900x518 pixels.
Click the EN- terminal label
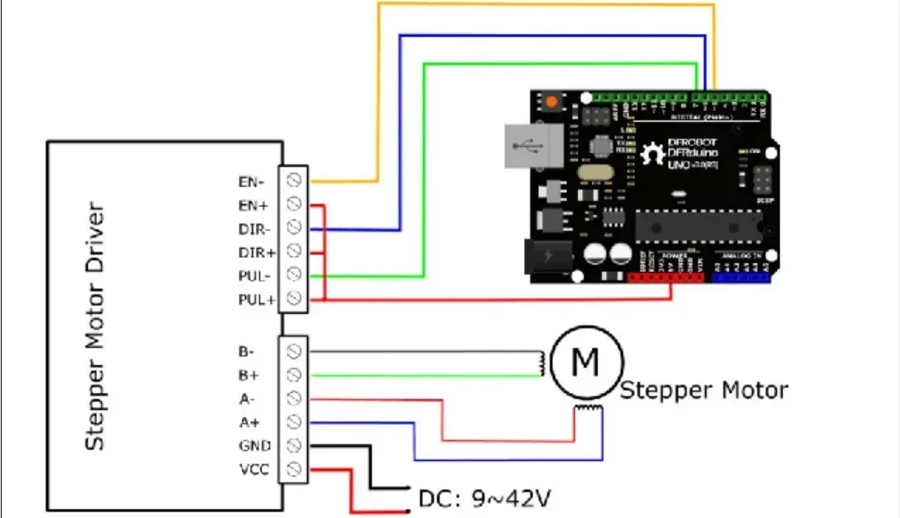point(251,180)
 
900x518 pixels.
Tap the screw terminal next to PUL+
point(293,298)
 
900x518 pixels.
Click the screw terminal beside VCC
point(293,470)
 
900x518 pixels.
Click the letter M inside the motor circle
point(586,361)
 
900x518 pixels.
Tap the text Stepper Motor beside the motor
point(704,390)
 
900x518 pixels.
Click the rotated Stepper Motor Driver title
point(96,325)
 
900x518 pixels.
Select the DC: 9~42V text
point(485,499)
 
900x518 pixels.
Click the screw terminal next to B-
point(293,351)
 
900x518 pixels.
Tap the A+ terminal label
point(250,422)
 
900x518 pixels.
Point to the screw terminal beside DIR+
point(293,250)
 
